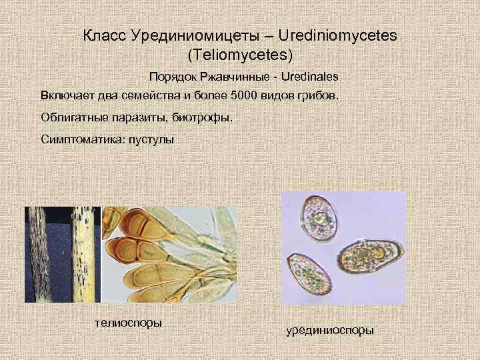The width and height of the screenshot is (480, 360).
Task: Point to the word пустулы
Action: point(151,141)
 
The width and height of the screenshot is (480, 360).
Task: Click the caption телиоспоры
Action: point(129,323)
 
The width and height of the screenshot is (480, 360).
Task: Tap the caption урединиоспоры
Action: point(330,329)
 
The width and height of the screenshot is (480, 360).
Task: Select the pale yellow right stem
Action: point(81,253)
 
